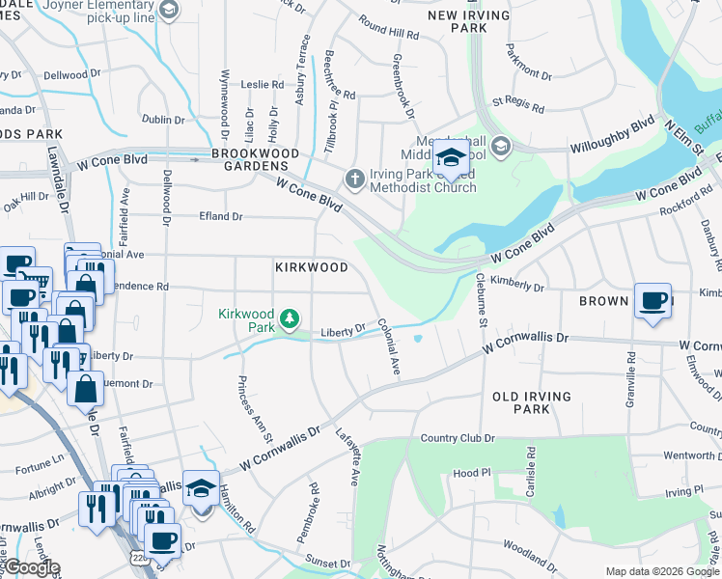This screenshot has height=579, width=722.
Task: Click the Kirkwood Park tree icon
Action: (x=288, y=317)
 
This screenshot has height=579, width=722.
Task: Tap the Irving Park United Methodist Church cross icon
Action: (x=354, y=179)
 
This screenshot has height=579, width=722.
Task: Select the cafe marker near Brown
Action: (x=653, y=301)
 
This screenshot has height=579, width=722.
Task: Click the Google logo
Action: (x=31, y=567)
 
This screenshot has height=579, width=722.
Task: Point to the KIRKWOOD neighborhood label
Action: (x=311, y=267)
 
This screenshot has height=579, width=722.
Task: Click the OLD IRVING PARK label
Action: (x=532, y=402)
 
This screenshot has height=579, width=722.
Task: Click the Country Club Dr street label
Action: (x=458, y=438)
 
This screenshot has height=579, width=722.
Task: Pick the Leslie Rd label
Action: (x=263, y=84)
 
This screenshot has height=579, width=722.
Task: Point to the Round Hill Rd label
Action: (x=388, y=26)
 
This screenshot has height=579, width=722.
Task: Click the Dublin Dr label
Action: (x=162, y=121)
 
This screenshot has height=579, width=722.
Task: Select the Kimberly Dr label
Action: (x=517, y=287)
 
